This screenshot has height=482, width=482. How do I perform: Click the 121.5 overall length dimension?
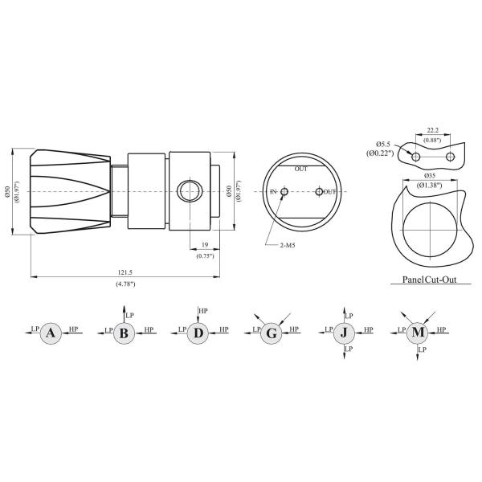124,272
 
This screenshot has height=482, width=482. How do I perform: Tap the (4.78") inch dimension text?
124,284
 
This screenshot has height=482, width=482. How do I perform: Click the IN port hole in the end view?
284,191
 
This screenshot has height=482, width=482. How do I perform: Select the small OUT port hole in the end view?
320,191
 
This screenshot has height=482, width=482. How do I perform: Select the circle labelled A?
51,333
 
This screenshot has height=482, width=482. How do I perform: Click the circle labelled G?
272,333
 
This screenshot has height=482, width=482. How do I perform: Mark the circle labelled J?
344,333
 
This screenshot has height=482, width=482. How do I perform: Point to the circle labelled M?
418,333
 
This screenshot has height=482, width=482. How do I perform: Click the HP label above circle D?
203,310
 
